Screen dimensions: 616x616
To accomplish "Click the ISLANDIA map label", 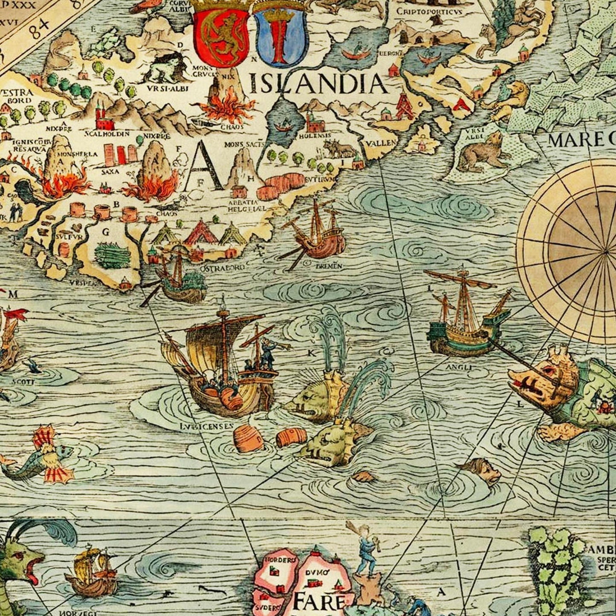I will (318, 83).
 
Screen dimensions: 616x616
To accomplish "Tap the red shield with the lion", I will (221, 38).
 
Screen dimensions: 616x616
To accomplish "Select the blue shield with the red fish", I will (280, 38).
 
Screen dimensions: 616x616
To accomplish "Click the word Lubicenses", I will (206, 425).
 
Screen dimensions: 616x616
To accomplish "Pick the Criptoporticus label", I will (429, 12).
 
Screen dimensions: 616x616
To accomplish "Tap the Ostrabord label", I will (222, 267).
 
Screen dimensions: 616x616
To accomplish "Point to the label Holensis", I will (315, 136).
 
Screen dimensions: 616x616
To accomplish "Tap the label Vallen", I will (381, 143).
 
